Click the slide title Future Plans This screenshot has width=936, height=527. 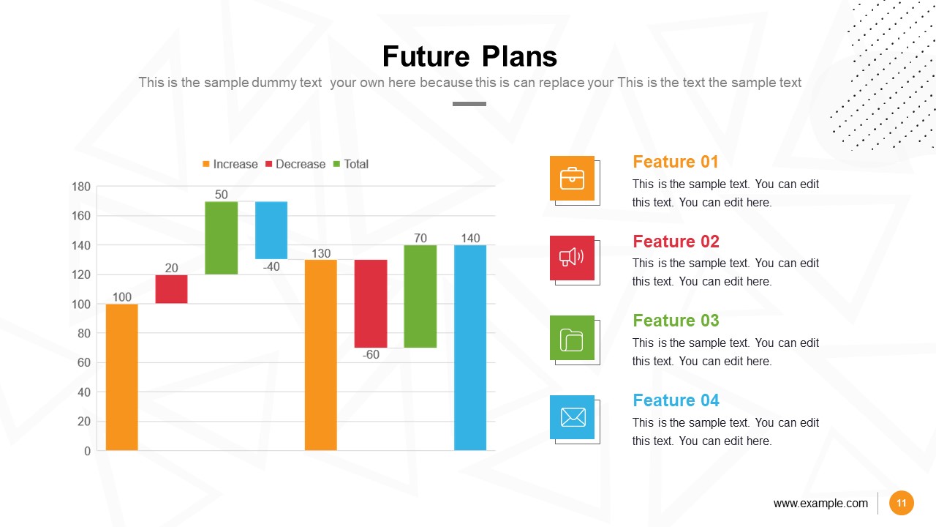coord(469,57)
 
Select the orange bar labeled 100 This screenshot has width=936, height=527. coord(122,376)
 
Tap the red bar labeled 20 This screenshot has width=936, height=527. coord(172,289)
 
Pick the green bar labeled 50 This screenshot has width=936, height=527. coord(221,238)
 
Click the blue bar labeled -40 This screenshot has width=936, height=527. coord(271,230)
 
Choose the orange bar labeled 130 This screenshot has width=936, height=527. coord(321,354)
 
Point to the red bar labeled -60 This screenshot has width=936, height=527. coord(371,303)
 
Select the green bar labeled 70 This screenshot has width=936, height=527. coord(420,296)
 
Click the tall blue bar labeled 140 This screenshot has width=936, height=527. coord(470,347)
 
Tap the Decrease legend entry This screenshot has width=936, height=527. coord(295,164)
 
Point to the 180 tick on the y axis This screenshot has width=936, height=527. coord(81,187)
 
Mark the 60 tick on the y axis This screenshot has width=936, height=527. coord(84,363)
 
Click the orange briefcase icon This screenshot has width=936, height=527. coord(572,179)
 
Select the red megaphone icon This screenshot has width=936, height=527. coord(572,258)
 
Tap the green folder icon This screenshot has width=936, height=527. coord(572,337)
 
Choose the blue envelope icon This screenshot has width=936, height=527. coord(572,417)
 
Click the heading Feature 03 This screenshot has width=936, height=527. coord(676,321)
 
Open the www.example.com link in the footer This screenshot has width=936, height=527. coord(820,503)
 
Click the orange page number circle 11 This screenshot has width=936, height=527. coord(902,503)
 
